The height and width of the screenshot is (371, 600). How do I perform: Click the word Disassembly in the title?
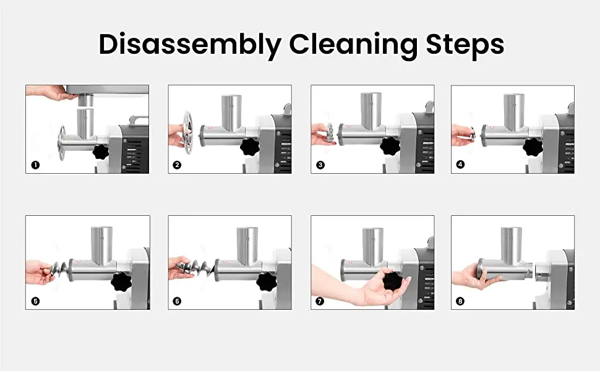(x=190, y=45)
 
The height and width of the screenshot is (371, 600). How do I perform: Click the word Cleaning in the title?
(x=353, y=45)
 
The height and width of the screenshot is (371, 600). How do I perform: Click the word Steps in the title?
(x=465, y=45)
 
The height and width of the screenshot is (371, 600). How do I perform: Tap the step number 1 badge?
(x=35, y=165)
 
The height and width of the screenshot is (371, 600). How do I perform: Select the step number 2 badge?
(x=177, y=165)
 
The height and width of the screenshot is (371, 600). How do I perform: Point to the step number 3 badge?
(x=320, y=165)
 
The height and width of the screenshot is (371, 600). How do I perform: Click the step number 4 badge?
(x=460, y=164)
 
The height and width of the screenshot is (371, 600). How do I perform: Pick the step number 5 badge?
(x=35, y=301)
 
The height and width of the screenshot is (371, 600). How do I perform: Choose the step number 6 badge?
(x=177, y=301)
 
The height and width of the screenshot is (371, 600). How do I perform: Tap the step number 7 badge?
(x=320, y=301)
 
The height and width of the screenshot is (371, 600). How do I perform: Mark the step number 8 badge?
(x=460, y=301)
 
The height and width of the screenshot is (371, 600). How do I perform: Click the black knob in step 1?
(x=101, y=151)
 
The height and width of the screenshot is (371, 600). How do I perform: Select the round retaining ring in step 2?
(x=187, y=132)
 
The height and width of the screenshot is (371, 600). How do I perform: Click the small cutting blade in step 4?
(x=473, y=134)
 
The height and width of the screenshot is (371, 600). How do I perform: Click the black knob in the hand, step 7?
(x=393, y=281)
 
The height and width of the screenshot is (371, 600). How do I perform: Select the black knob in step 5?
(x=121, y=282)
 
